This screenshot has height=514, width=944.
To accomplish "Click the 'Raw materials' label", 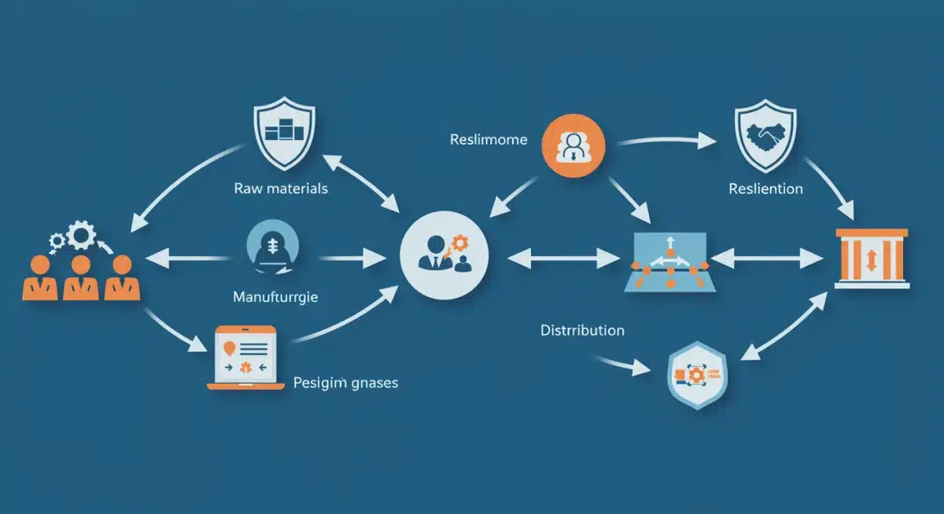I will [x=281, y=189].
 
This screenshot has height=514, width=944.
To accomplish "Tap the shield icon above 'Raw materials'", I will [x=281, y=136].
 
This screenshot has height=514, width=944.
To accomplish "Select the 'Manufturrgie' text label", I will [x=281, y=298].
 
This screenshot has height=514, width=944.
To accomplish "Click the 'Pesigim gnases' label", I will [x=345, y=383].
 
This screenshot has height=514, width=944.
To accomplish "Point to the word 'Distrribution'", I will [x=582, y=330].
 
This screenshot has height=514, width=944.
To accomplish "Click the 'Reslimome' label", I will [x=489, y=140].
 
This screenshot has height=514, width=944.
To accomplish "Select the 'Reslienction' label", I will [x=765, y=189].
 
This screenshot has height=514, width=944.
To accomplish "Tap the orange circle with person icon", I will [x=573, y=144].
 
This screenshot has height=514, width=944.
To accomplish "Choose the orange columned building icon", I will [x=871, y=259].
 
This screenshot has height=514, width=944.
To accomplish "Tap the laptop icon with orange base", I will [x=245, y=358].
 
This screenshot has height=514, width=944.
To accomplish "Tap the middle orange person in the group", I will [x=81, y=278].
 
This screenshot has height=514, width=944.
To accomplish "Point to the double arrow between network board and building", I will [x=768, y=256].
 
